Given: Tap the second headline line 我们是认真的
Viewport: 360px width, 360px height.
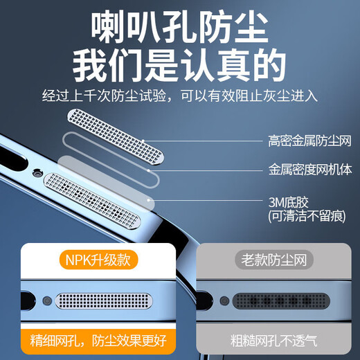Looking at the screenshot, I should (x=180, y=67).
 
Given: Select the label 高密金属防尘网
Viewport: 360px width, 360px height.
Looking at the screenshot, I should (x=309, y=141).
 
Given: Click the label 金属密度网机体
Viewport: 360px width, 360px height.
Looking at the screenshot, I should (x=309, y=168).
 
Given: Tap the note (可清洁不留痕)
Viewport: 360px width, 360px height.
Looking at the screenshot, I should (x=305, y=216).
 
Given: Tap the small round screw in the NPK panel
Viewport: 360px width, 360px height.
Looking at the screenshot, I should (x=46, y=301).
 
